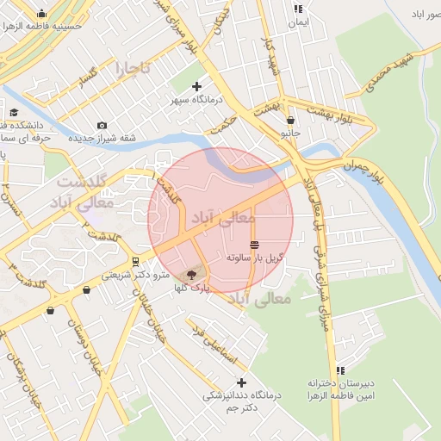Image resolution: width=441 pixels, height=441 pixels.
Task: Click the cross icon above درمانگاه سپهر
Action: click(x=197, y=86)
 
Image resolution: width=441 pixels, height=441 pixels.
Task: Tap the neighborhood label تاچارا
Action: click(x=134, y=66)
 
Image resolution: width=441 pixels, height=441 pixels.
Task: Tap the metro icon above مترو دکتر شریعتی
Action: click(x=135, y=262)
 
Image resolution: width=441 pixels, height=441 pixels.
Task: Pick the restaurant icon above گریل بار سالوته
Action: click(x=253, y=245)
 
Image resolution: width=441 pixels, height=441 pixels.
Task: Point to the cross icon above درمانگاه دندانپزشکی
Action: click(x=241, y=382)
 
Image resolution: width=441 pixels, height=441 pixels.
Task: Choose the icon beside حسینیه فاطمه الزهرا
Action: click(x=42, y=14)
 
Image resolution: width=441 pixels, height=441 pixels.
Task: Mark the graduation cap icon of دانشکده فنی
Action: click(x=14, y=112)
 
